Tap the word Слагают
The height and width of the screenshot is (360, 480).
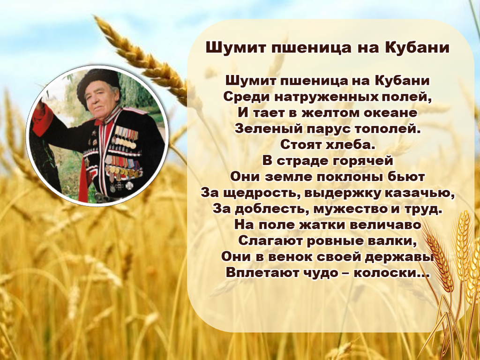[x=270, y=241]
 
